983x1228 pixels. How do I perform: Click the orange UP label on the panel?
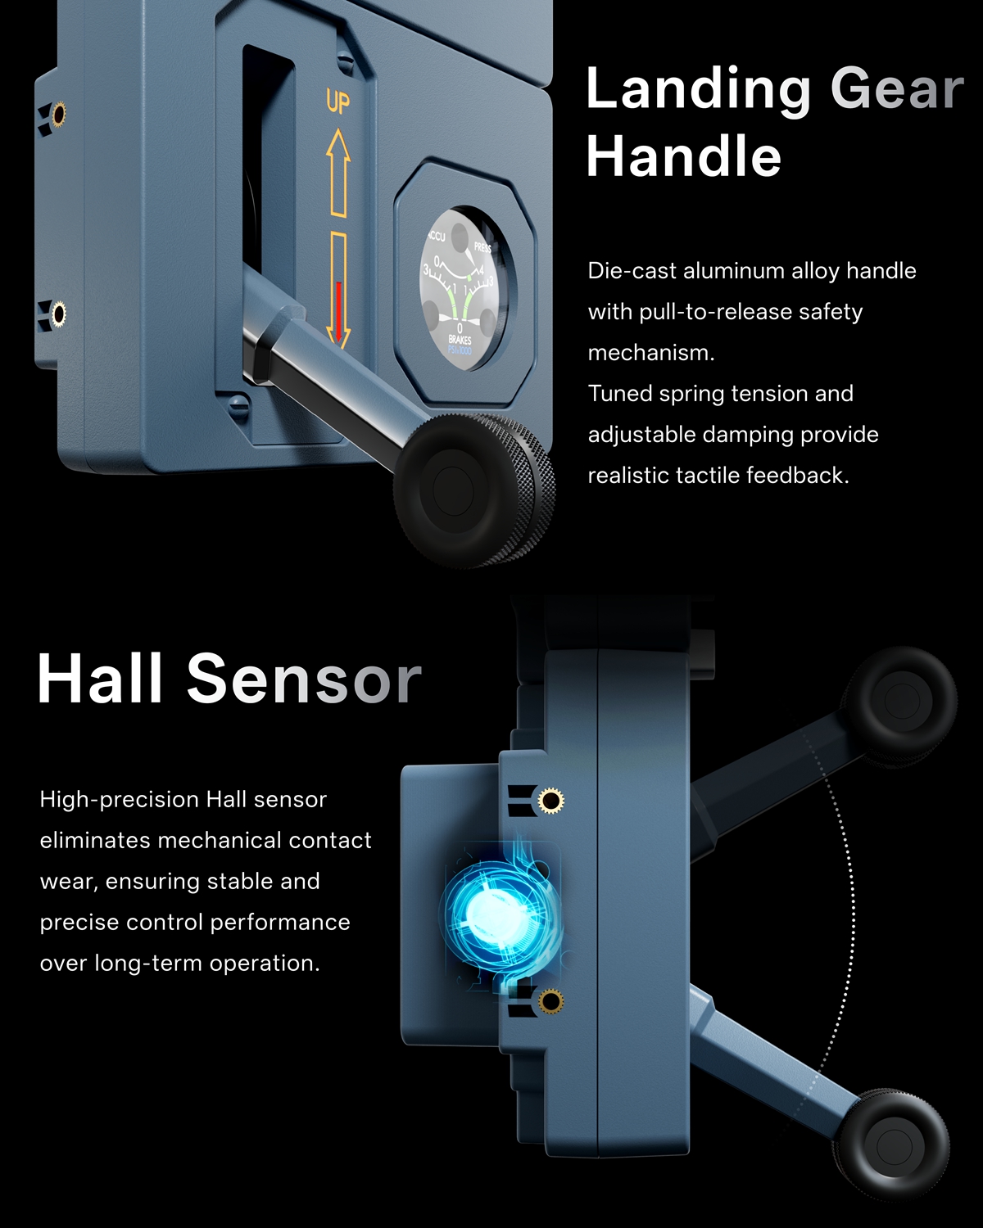click(x=337, y=102)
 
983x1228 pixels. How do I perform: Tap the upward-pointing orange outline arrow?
click(x=338, y=173)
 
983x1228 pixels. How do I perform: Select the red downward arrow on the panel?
click(x=338, y=311)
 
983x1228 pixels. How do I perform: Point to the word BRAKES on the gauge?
click(x=460, y=340)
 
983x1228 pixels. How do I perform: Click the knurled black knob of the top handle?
click(x=474, y=490)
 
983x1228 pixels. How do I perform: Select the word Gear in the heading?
click(x=897, y=88)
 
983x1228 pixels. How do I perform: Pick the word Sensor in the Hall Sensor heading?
click(x=304, y=679)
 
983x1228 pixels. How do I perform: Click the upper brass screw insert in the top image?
click(x=57, y=114)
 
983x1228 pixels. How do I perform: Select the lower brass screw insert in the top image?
click(x=57, y=314)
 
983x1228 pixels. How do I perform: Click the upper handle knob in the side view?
click(x=901, y=702)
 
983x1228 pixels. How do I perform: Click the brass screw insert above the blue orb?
click(x=550, y=800)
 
